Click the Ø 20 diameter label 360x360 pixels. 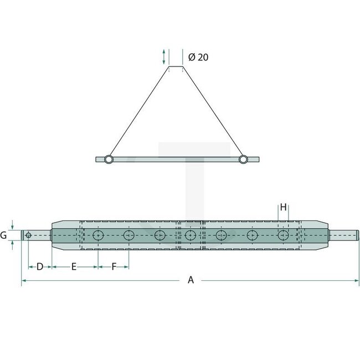198,57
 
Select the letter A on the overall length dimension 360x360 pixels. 191,280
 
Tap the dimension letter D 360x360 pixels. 40,267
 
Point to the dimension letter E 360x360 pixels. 74,267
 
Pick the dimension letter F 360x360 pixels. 114,267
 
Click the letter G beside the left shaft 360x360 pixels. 4,235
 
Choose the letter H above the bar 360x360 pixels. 283,207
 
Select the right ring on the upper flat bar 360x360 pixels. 243,160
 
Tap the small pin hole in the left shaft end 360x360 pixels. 28,235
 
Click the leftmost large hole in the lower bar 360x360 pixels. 98,236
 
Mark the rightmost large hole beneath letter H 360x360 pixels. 283,236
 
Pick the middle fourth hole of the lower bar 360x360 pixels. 191,236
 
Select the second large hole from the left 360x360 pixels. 128,236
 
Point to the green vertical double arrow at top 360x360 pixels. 164,56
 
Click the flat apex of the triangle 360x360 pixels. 176,67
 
